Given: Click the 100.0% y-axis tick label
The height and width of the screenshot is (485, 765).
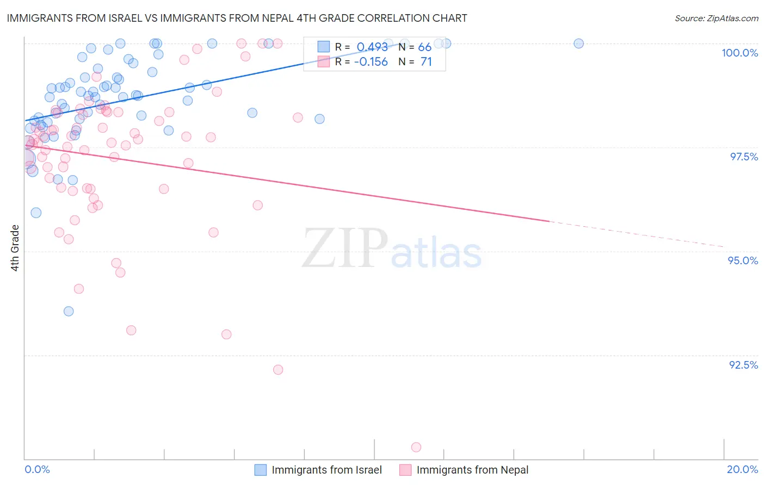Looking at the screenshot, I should coord(739,53).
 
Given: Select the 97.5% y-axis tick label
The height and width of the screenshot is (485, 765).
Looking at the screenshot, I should coord(744,157).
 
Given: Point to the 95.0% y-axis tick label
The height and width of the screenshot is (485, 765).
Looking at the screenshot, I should coord(743,260).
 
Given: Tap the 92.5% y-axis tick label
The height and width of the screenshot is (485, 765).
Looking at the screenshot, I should coord(743,365).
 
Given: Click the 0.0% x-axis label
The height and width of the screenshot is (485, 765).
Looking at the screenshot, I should coord(37,469).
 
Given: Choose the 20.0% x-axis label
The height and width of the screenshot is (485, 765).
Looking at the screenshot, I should coord(742,469).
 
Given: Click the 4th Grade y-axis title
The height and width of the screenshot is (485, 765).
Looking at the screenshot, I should coord(15,248).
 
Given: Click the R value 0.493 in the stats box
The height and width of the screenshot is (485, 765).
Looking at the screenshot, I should coord(372,47).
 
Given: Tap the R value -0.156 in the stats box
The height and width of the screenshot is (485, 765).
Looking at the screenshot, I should coord(371,62).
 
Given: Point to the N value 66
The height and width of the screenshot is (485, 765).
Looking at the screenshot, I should coord(424,47).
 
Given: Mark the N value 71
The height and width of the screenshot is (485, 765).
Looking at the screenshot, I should coord(426,62).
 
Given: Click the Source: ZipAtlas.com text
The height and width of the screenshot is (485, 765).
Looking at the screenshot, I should coord(716,18).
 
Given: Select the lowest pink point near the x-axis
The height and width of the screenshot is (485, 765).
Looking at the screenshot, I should coord(416,447).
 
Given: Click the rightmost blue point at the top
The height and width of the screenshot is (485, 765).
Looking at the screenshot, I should coord(579,43).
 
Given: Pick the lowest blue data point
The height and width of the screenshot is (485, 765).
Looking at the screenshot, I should coord(69,311).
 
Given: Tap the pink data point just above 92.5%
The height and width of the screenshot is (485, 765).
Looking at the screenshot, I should coord(278,370).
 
